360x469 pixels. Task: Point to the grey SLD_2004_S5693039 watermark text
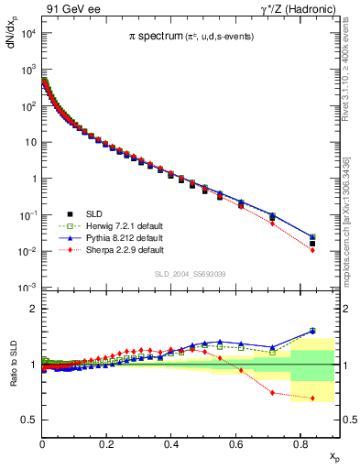tap(189, 274)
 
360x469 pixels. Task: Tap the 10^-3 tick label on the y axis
tap(27, 288)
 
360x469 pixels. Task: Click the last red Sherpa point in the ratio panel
tap(313, 398)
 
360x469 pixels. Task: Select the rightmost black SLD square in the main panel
tap(313, 244)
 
